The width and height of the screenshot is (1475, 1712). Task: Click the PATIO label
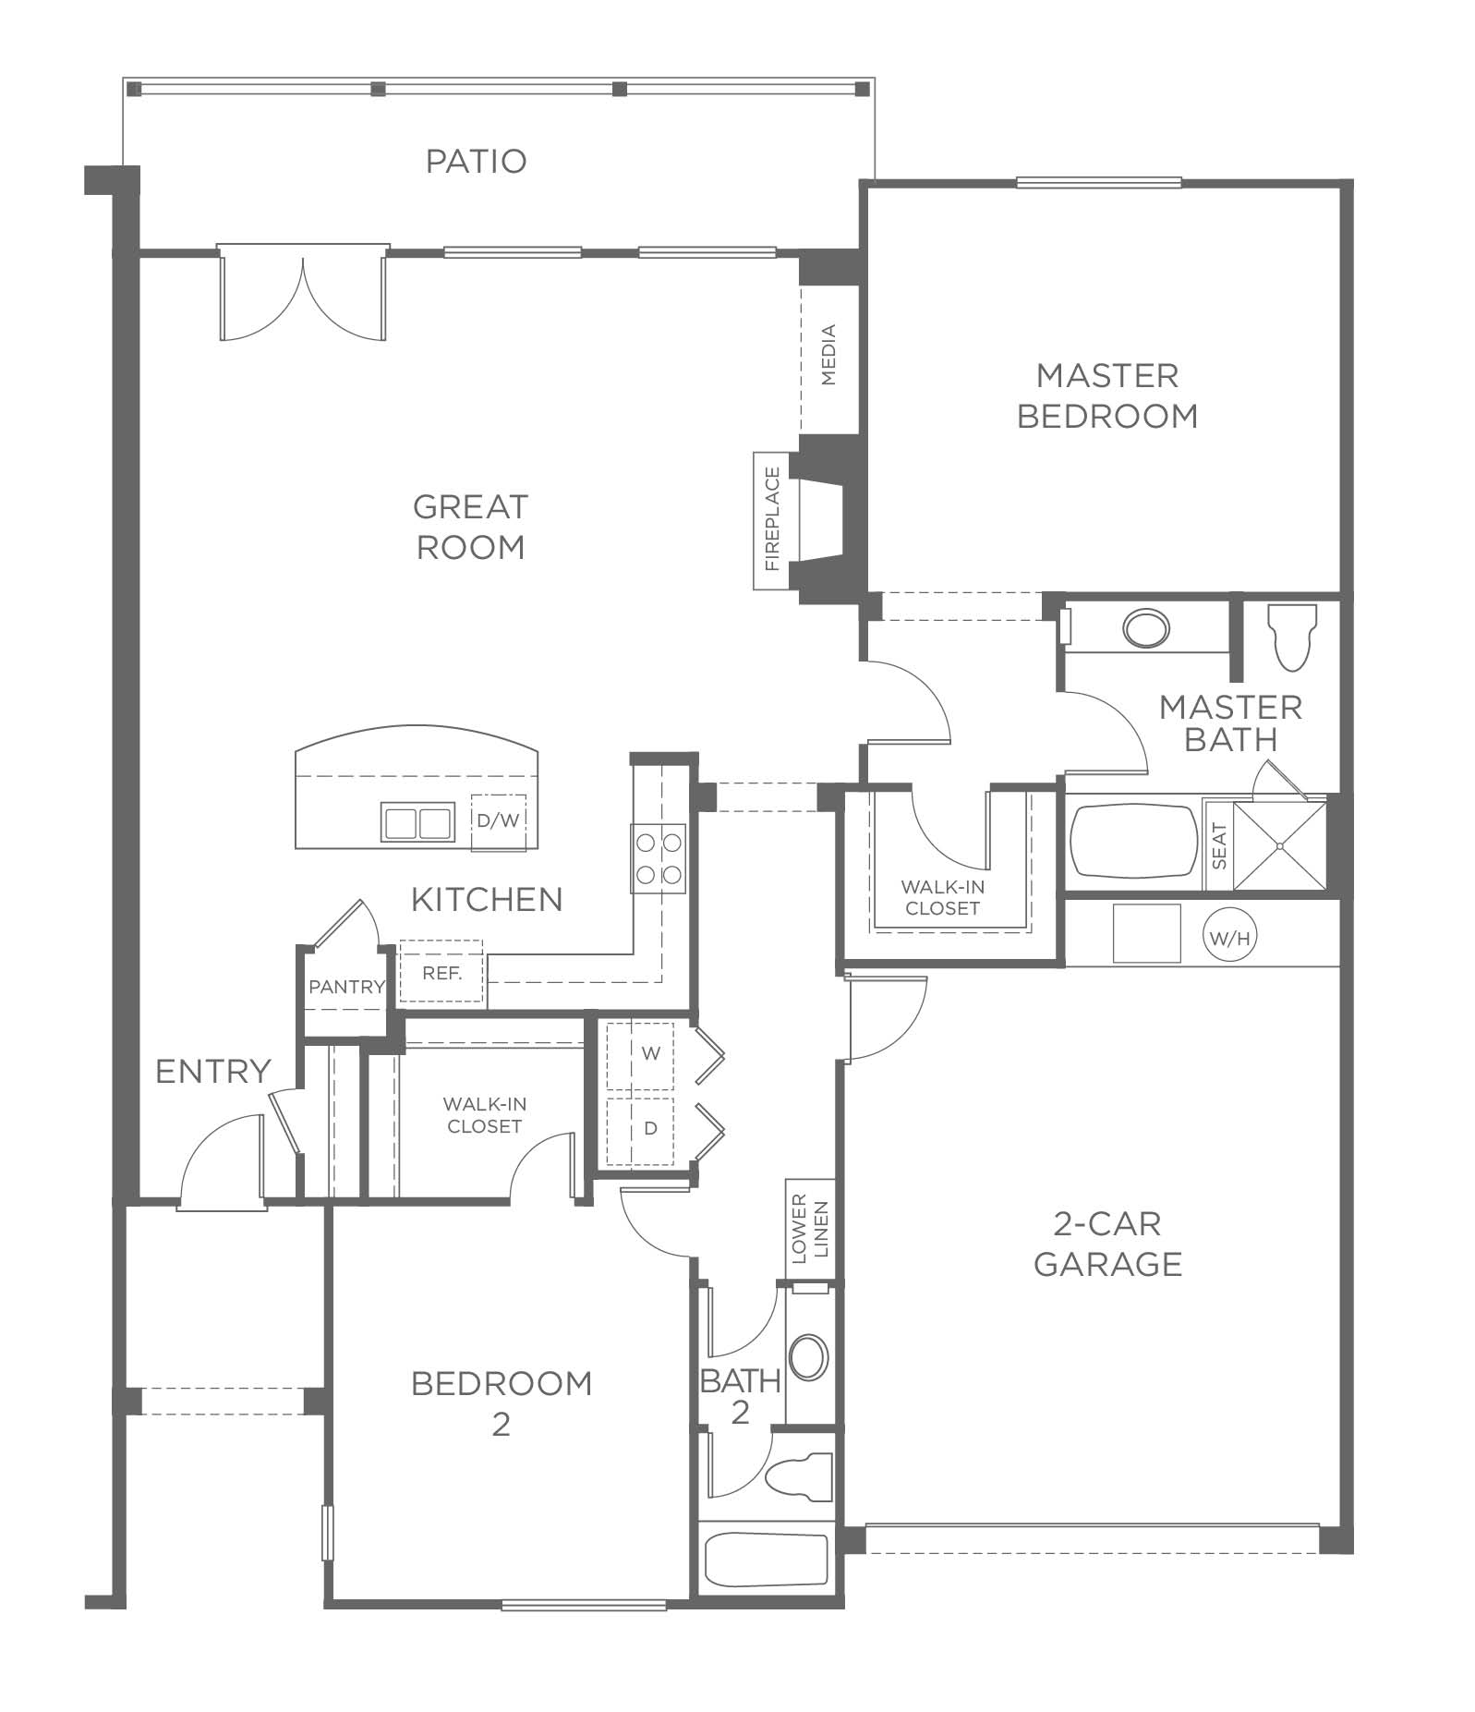(476, 161)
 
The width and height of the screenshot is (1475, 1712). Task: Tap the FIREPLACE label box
(772, 521)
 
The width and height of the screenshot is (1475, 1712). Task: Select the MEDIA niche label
(828, 355)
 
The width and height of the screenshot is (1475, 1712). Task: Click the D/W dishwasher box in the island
(498, 821)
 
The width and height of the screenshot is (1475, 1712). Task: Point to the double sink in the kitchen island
(417, 821)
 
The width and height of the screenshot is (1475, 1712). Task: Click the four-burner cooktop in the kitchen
(658, 857)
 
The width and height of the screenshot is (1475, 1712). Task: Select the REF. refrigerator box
(441, 973)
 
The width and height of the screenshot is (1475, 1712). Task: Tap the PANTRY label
(346, 987)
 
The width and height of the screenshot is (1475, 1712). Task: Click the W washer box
(650, 1053)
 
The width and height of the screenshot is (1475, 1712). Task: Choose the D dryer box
(650, 1129)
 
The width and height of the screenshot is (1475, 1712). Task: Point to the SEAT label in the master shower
(1219, 846)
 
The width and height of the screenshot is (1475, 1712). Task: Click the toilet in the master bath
(1292, 637)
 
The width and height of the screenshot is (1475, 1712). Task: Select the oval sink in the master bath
(1146, 629)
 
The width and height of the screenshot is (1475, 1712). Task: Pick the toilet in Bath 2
(800, 1475)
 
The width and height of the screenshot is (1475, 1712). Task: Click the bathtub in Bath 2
(766, 1560)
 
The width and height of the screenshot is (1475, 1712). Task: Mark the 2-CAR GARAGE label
(1107, 1244)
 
